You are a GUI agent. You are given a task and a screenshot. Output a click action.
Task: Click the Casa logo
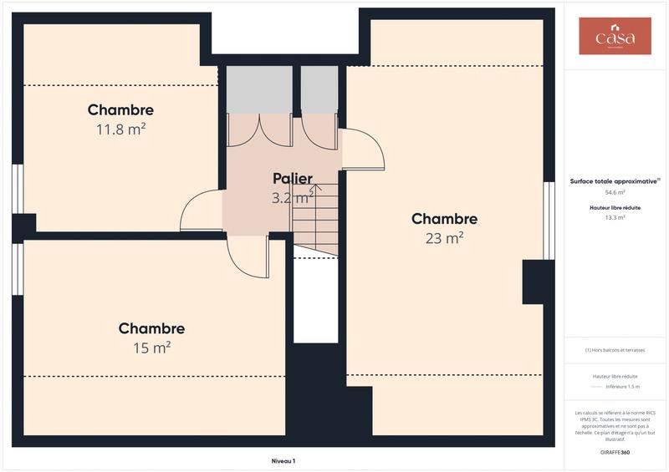tap(615, 37)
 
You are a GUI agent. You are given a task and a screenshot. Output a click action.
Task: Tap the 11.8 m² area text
tap(120, 129)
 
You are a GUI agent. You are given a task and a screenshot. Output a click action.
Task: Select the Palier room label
tap(293, 179)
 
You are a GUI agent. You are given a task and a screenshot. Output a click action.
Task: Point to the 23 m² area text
tap(444, 238)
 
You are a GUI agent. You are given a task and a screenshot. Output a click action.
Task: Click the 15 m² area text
tap(151, 348)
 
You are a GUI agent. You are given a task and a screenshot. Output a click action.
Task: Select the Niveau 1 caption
tap(283, 461)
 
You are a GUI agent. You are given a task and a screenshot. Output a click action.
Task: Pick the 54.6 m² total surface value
tap(615, 192)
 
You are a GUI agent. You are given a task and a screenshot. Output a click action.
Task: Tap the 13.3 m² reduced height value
tap(615, 217)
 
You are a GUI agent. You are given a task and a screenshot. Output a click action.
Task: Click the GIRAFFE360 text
tap(615, 452)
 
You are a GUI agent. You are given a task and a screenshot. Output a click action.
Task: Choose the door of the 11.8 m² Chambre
tap(202, 211)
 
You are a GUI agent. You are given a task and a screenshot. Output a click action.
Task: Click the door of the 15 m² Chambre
tap(248, 256)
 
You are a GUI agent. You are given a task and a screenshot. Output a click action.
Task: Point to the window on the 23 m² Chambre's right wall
tap(549, 220)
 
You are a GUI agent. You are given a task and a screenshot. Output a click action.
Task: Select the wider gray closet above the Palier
tap(259, 89)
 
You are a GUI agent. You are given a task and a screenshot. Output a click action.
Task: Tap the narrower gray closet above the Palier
tap(319, 89)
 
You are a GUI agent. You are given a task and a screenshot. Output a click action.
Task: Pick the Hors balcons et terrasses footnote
tap(615, 350)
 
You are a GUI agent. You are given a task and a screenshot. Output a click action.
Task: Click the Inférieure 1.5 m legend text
tap(622, 387)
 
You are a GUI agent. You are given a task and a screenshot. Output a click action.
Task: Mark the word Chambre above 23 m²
tap(444, 219)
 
